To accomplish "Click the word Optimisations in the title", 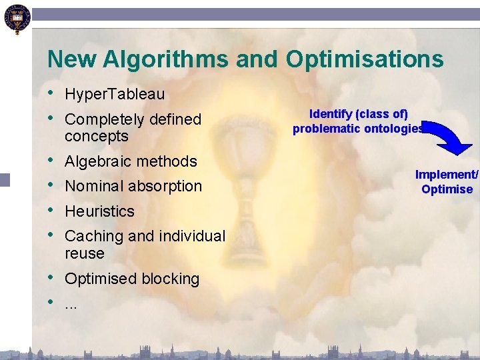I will tap(365, 59).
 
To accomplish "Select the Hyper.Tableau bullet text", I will tap(114, 95).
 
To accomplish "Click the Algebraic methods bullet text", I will tap(131, 161).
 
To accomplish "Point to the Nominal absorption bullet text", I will tap(133, 186).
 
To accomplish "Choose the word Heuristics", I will tap(99, 211).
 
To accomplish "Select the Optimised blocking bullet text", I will tap(132, 279).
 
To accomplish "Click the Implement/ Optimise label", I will tap(447, 181).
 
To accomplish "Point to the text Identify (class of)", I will tap(359, 114).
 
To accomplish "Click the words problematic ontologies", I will tap(358, 129).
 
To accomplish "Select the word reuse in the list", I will tap(85, 253).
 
